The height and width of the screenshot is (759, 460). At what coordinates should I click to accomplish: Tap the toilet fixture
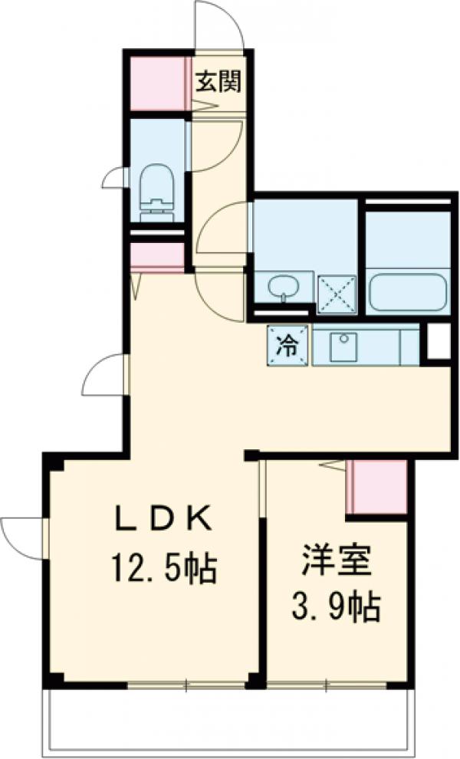(159, 188)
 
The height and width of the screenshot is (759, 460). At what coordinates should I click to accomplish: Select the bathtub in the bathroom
(407, 291)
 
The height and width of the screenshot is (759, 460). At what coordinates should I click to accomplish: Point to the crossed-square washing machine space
(337, 292)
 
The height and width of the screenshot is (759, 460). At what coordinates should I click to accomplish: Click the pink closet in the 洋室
(376, 487)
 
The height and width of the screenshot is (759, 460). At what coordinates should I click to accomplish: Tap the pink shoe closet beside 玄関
(158, 81)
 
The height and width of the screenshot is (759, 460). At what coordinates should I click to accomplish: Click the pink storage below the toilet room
(157, 257)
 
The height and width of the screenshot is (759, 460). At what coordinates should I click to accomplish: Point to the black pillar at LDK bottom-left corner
(52, 679)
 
